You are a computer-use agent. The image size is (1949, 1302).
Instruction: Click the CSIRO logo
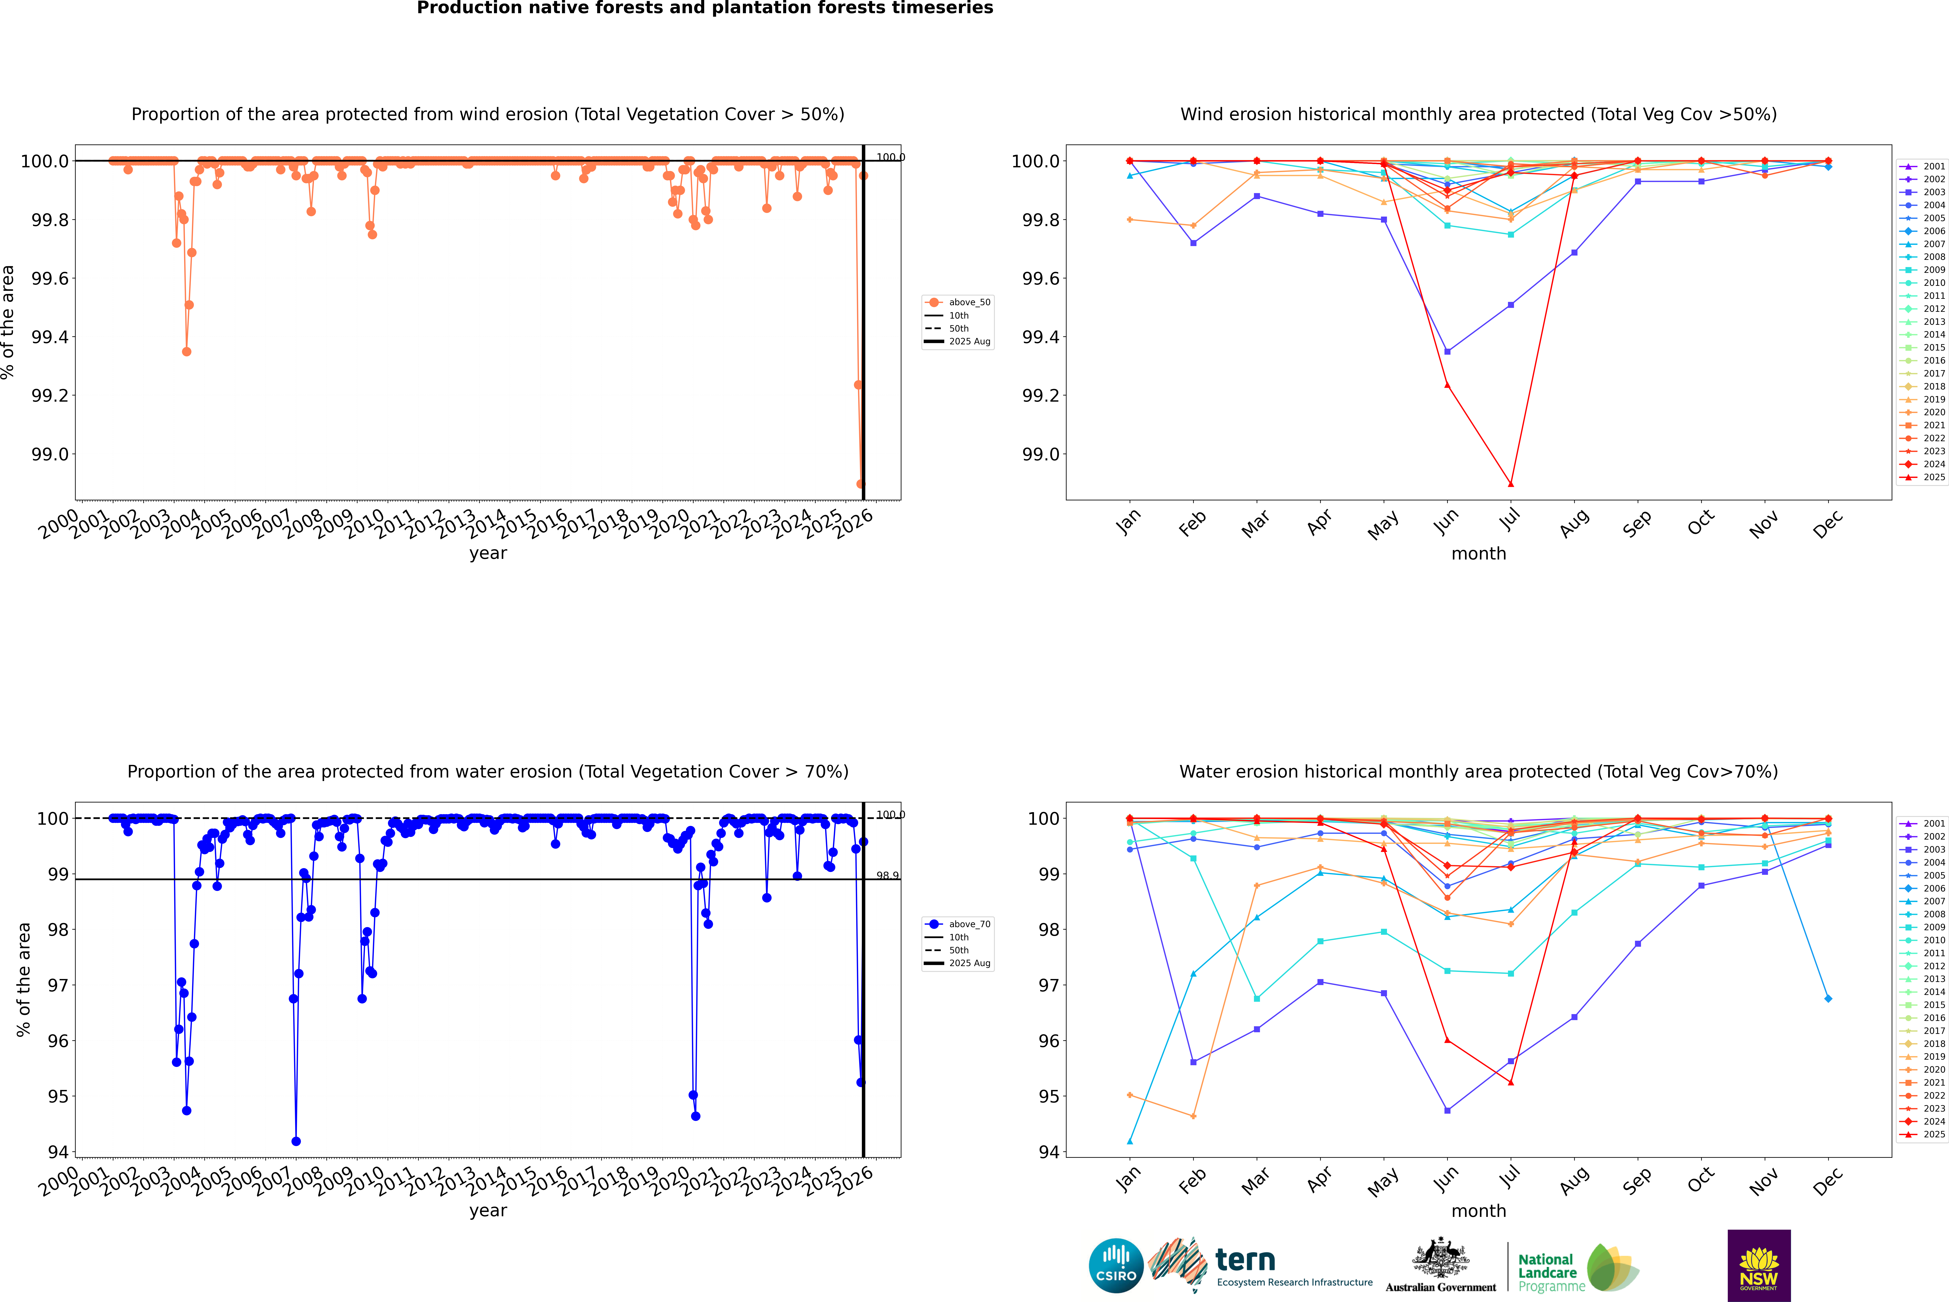(x=1116, y=1266)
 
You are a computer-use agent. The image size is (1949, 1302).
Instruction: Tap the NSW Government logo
(x=1759, y=1266)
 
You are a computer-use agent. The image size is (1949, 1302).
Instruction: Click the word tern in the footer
(x=1244, y=1261)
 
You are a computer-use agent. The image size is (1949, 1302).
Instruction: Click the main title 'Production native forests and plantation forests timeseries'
(x=705, y=8)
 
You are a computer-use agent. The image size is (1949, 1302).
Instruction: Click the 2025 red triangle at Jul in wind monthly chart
(x=1510, y=484)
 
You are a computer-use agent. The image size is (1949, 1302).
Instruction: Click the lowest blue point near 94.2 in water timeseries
(x=296, y=1142)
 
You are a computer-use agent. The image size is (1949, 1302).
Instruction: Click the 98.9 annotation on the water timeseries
(x=887, y=876)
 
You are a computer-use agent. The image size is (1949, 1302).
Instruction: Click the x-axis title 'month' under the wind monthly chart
(x=1478, y=554)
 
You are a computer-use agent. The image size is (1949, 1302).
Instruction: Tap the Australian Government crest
(x=1440, y=1259)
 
